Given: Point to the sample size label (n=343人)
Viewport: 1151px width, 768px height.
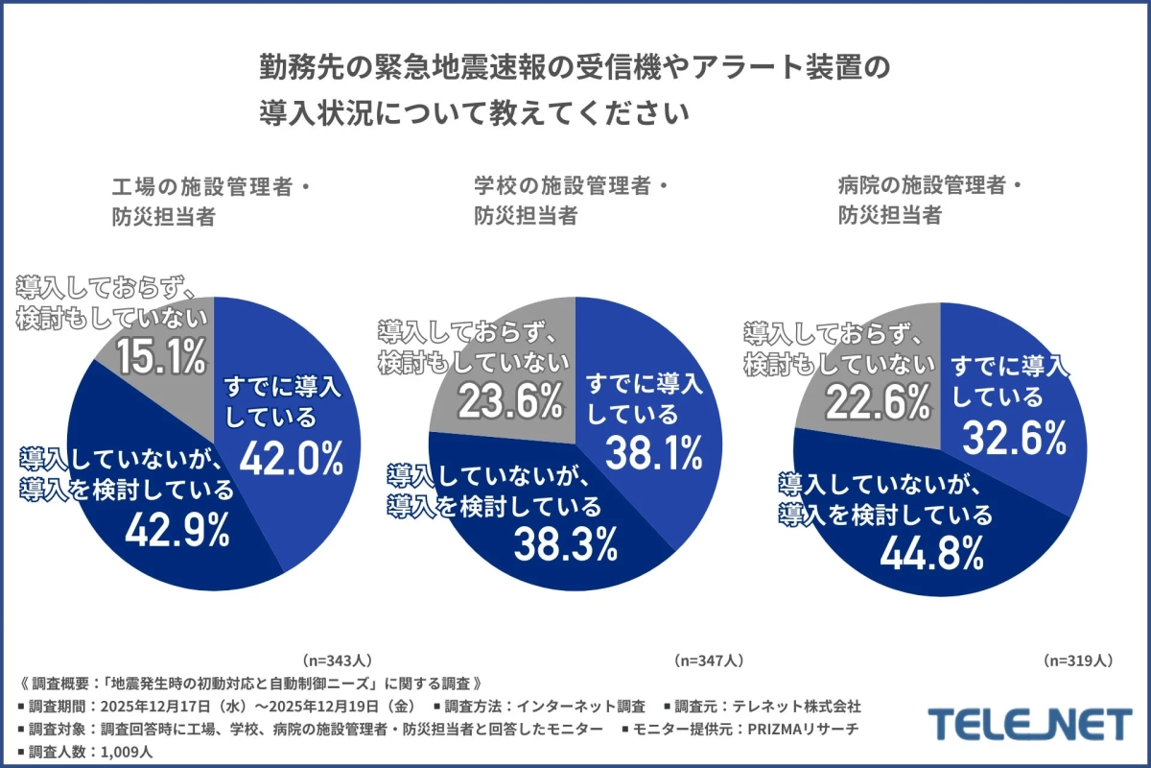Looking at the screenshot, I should click(337, 661).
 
